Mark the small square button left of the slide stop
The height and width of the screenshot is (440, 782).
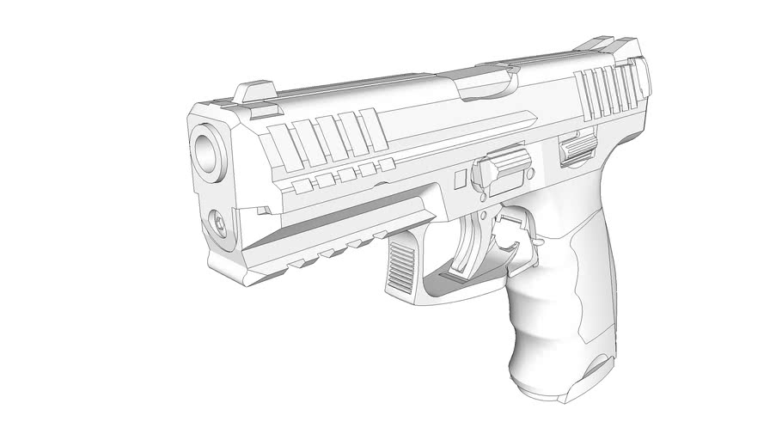click(460, 180)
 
